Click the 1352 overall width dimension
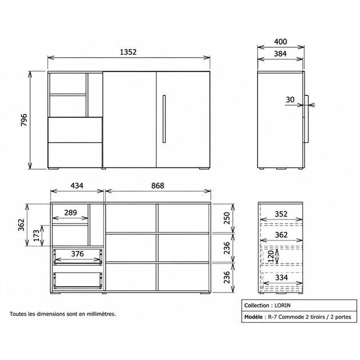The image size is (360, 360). pos(128,52)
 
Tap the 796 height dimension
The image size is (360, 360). pos(24,119)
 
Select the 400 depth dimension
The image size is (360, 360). pos(281,42)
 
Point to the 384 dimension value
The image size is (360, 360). pos(281,54)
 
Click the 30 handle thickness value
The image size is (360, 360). pos(290,99)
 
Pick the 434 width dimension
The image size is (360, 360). pos(77,186)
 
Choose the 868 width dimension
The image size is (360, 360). pos(158,186)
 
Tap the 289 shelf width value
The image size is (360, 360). pos(70,213)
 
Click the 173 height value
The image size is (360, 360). pos(37,235)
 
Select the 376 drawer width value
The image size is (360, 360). pos(77,254)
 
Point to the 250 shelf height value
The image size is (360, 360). pos(227,218)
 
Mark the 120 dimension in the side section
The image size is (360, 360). pos(271,257)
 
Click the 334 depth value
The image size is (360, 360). pos(281,278)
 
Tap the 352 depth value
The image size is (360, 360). pos(281,214)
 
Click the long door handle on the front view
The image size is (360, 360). pos(164,119)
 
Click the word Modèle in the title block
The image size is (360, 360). pos(254,317)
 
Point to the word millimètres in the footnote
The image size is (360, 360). pos(101,314)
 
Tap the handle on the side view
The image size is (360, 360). pos(306,119)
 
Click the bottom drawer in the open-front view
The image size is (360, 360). pos(78,280)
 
